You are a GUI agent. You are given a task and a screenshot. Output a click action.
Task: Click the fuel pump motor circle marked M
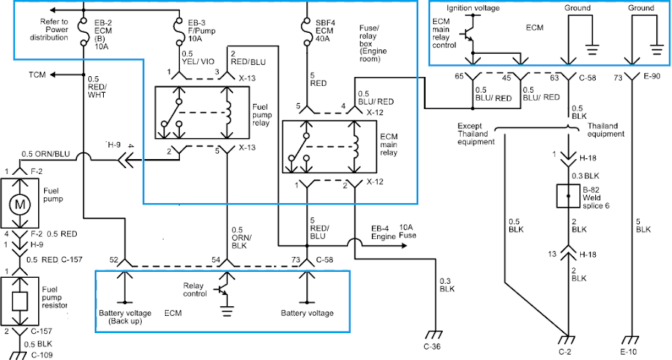[20, 204]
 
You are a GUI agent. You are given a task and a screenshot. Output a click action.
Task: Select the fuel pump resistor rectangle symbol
[19, 301]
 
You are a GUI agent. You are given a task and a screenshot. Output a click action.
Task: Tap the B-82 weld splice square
[568, 196]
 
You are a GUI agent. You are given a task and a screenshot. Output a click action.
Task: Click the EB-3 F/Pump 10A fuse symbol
[178, 31]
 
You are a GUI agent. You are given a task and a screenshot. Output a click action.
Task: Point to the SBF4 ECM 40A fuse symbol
[307, 31]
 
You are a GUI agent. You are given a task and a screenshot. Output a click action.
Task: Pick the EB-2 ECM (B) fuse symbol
[83, 31]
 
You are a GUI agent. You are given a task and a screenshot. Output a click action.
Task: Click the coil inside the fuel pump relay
[227, 113]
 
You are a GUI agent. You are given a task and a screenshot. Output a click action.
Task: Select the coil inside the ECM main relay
[355, 147]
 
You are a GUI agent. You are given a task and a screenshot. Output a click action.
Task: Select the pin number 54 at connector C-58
[216, 259]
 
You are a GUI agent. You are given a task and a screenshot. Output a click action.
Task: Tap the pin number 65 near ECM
[459, 77]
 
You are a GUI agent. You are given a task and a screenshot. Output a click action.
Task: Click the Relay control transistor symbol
[223, 291]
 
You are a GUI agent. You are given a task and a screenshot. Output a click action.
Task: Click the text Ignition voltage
[473, 8]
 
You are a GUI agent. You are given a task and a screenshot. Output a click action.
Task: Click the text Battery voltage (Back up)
[125, 317]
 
